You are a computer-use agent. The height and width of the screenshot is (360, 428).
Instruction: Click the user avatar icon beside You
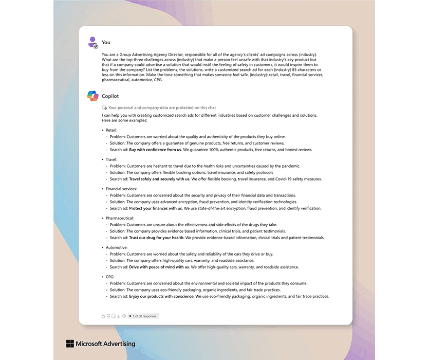93,42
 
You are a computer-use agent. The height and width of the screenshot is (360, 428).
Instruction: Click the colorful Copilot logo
92,96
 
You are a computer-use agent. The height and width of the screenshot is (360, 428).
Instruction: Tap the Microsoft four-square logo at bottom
70,344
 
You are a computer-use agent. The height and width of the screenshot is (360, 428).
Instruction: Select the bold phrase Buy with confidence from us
155,150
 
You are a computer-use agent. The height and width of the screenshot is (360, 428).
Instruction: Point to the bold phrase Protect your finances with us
156,208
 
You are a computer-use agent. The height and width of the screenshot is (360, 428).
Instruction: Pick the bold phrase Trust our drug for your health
156,238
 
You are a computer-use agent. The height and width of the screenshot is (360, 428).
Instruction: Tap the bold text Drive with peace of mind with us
159,267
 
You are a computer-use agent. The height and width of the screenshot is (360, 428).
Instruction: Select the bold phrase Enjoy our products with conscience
162,296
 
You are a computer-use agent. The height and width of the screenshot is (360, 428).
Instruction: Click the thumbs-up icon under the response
103,316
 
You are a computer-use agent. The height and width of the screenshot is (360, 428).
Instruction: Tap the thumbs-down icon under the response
108,316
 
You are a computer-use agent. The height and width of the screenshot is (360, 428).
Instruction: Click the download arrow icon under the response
118,316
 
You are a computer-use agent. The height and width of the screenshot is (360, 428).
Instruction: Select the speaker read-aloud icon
123,316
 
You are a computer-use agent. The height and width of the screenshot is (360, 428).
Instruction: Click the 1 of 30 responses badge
143,316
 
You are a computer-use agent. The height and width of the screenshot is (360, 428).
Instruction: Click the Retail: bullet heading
111,130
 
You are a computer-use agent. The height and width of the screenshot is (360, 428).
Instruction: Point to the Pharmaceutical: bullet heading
119,218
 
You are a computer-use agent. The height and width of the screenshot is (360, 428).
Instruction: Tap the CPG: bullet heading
110,277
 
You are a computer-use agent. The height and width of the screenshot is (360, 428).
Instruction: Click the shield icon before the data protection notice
104,107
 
